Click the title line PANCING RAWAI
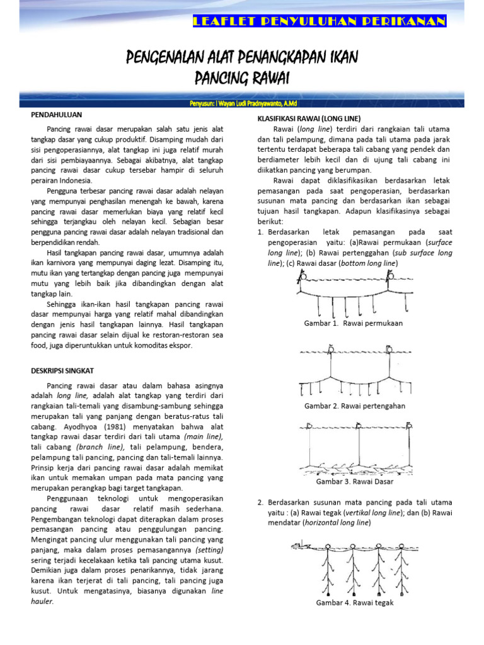241,78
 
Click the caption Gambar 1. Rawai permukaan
354,323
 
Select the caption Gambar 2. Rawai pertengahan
355,406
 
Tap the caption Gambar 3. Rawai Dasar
355,481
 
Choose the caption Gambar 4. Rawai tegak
355,603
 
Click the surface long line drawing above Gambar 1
355,292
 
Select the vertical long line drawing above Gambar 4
355,567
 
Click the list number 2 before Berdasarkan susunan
260,502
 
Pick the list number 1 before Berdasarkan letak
260,232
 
